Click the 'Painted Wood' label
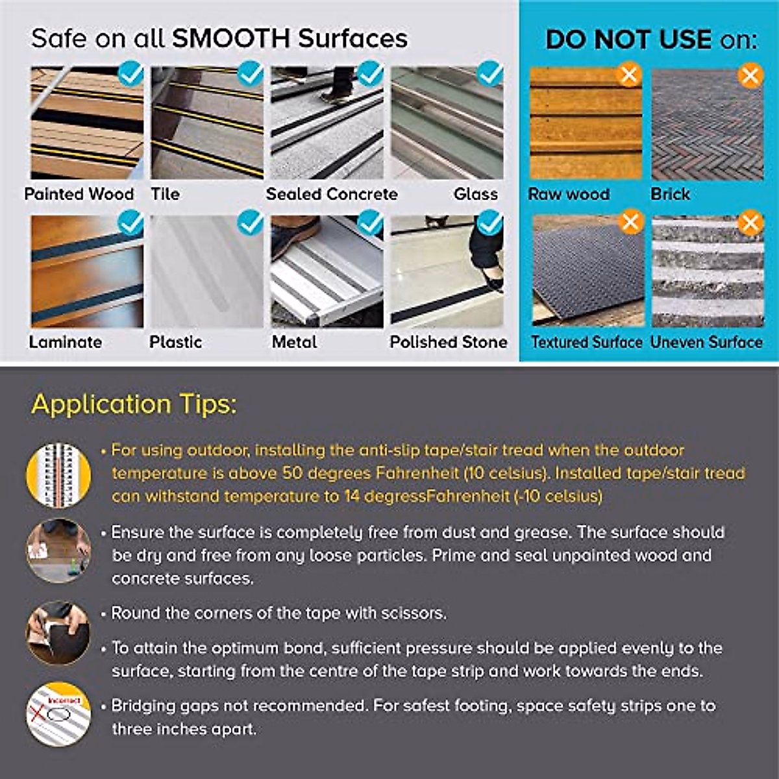coord(79,194)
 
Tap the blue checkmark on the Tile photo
coord(251,74)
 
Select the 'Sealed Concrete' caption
coord(331,194)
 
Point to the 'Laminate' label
coord(65,342)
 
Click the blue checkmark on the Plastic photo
coord(251,223)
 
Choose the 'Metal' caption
coord(294,342)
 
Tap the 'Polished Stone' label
coord(448,342)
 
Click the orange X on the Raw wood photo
coord(629,75)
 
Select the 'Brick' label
coord(670,194)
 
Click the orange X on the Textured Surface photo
coord(631,223)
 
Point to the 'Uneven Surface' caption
coord(706,342)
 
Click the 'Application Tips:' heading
coord(134,404)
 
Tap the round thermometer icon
coord(58,475)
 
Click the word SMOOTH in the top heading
coord(230,39)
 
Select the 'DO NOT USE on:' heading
coord(651,40)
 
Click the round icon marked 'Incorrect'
coord(58,714)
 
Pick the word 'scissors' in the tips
coord(413,613)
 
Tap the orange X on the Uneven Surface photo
coord(750,223)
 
